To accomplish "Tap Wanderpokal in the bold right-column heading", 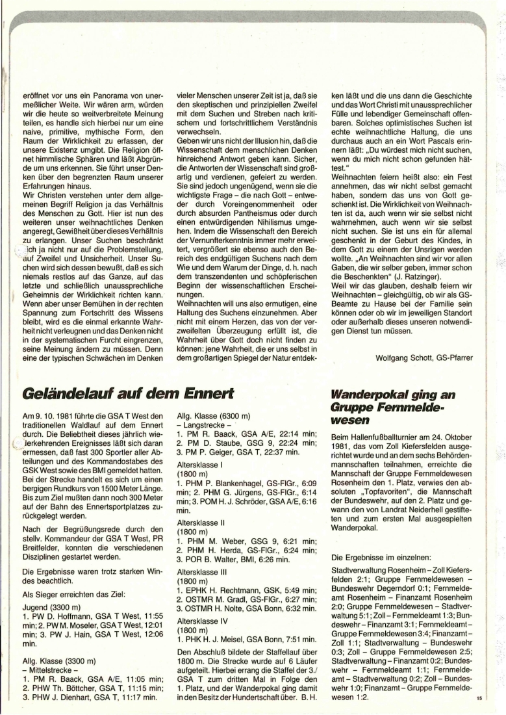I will tap(367, 393).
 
